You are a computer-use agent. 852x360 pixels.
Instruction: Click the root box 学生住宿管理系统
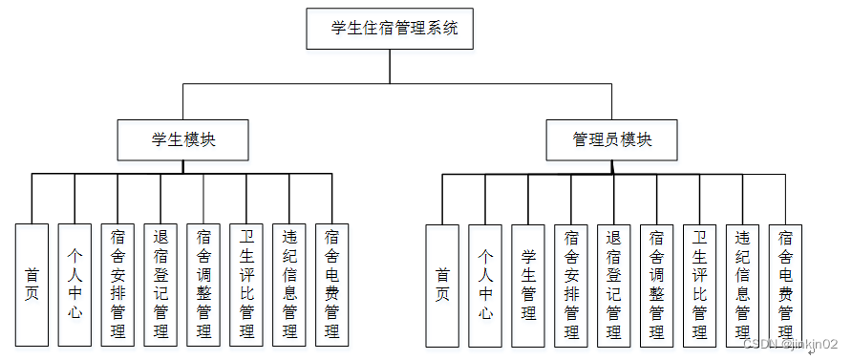tap(390, 29)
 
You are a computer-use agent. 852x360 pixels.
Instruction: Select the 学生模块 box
tap(183, 139)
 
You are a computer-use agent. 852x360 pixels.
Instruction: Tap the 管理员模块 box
tap(612, 139)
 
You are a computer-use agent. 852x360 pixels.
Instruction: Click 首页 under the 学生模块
tap(32, 285)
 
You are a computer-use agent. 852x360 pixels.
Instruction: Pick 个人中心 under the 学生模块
tap(75, 285)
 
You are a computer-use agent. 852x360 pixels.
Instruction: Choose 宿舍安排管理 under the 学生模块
tap(117, 285)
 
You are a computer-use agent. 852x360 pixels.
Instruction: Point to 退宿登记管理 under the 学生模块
tap(160, 285)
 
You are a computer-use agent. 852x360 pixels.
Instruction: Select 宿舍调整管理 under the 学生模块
tap(203, 285)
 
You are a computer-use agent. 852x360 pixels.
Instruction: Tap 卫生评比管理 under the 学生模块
tap(246, 285)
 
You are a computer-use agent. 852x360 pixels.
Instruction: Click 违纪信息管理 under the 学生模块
tap(289, 285)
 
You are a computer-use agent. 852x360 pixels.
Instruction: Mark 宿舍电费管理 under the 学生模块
tap(331, 285)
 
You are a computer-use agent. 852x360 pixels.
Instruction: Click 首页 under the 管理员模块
tap(441, 285)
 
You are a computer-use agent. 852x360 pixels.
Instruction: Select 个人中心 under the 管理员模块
tap(484, 285)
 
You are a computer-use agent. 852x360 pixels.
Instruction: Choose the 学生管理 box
tap(527, 285)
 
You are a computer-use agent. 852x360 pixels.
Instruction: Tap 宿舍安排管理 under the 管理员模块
tap(570, 285)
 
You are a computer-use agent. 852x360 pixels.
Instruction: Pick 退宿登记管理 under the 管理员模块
tap(613, 285)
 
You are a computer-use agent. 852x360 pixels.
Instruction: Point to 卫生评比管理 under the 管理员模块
tap(699, 285)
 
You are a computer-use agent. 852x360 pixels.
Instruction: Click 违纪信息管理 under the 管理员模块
tap(742, 285)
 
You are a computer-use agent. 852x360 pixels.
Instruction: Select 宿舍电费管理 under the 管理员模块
tap(785, 285)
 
